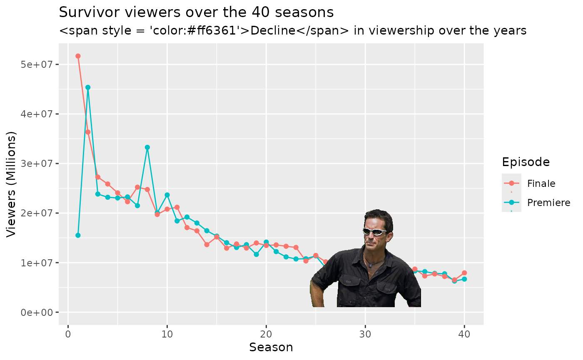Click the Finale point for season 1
78,56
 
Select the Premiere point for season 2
88,87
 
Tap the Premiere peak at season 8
147,147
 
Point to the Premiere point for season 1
78,235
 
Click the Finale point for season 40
464,273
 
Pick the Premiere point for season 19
256,254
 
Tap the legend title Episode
526,162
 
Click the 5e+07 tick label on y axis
40,65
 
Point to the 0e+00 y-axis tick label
40,313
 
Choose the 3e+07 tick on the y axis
40,164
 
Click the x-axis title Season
271,347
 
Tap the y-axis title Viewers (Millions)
12,184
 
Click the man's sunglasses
375,232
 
